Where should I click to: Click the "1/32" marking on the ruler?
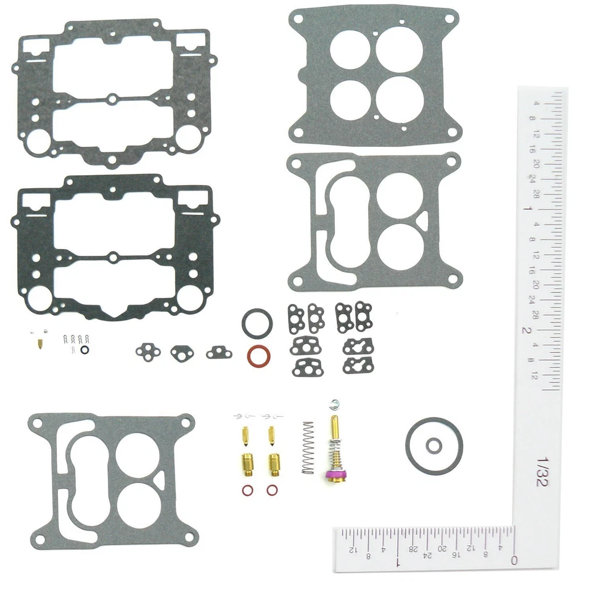click(x=541, y=471)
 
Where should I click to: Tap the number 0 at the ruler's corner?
click(x=514, y=560)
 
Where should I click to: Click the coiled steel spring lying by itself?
click(x=308, y=447)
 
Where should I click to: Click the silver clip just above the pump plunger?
click(x=335, y=404)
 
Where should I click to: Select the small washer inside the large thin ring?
click(x=435, y=445)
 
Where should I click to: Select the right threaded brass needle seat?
click(x=272, y=464)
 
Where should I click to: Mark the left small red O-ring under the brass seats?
click(x=246, y=491)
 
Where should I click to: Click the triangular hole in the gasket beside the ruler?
click(x=424, y=218)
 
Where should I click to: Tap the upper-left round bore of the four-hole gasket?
click(x=348, y=49)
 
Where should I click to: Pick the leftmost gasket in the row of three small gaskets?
click(x=148, y=351)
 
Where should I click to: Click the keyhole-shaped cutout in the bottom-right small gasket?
click(x=358, y=366)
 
